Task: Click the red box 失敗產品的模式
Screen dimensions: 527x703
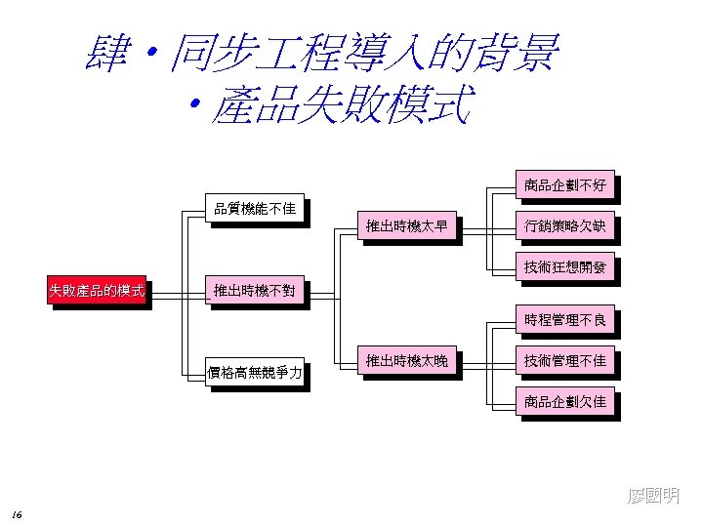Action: pos(97,291)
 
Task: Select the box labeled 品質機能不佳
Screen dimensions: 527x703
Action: pos(255,209)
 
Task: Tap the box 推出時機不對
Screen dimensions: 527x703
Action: pos(255,291)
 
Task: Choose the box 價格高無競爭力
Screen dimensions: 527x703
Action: pos(255,372)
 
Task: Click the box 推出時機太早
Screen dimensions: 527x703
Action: pos(407,227)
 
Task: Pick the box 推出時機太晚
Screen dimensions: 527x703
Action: pos(407,361)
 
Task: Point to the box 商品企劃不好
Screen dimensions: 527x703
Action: pos(565,185)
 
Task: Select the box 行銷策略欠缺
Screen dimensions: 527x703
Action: pos(565,227)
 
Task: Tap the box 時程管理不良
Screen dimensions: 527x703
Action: pos(565,320)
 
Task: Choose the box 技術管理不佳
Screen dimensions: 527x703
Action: pos(565,361)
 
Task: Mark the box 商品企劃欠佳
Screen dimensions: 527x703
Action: pos(565,402)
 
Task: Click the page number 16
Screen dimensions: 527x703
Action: pos(19,514)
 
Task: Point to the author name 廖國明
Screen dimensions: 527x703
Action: pos(653,497)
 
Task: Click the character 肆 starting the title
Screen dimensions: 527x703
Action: pos(108,54)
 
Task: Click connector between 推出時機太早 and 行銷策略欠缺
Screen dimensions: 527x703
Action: pos(486,229)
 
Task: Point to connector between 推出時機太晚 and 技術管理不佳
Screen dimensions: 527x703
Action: pos(486,363)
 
